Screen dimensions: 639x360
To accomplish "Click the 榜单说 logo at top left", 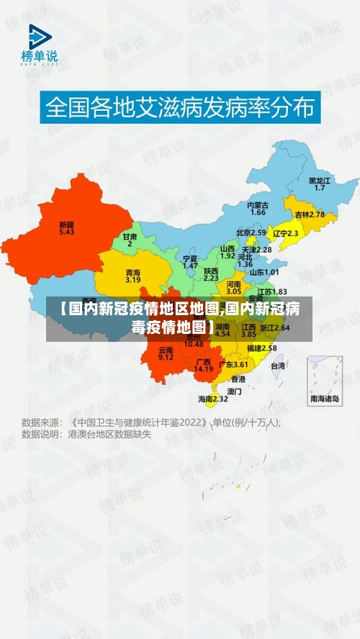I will click(39, 45).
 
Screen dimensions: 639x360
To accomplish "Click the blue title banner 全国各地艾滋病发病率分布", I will click(180, 108).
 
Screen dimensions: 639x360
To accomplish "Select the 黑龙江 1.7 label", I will click(319, 183).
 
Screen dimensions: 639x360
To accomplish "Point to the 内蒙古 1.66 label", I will click(258, 209).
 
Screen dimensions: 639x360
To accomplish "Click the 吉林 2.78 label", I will click(309, 214).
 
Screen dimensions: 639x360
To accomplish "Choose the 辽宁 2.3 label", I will click(286, 233).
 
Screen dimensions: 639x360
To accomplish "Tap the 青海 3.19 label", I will click(132, 276).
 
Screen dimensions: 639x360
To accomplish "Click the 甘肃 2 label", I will click(130, 240).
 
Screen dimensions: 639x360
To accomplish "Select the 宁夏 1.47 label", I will click(190, 261).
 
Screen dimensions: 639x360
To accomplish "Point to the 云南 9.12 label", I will click(166, 353).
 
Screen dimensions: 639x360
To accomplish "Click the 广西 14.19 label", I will click(204, 365).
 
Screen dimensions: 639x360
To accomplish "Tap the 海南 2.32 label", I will click(213, 398).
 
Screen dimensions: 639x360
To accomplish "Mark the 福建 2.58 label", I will click(261, 348).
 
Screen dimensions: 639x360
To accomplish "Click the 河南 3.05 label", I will click(233, 288).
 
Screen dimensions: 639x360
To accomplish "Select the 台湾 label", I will click(277, 366).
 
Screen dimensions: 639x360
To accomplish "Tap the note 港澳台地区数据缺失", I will click(109, 434).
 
